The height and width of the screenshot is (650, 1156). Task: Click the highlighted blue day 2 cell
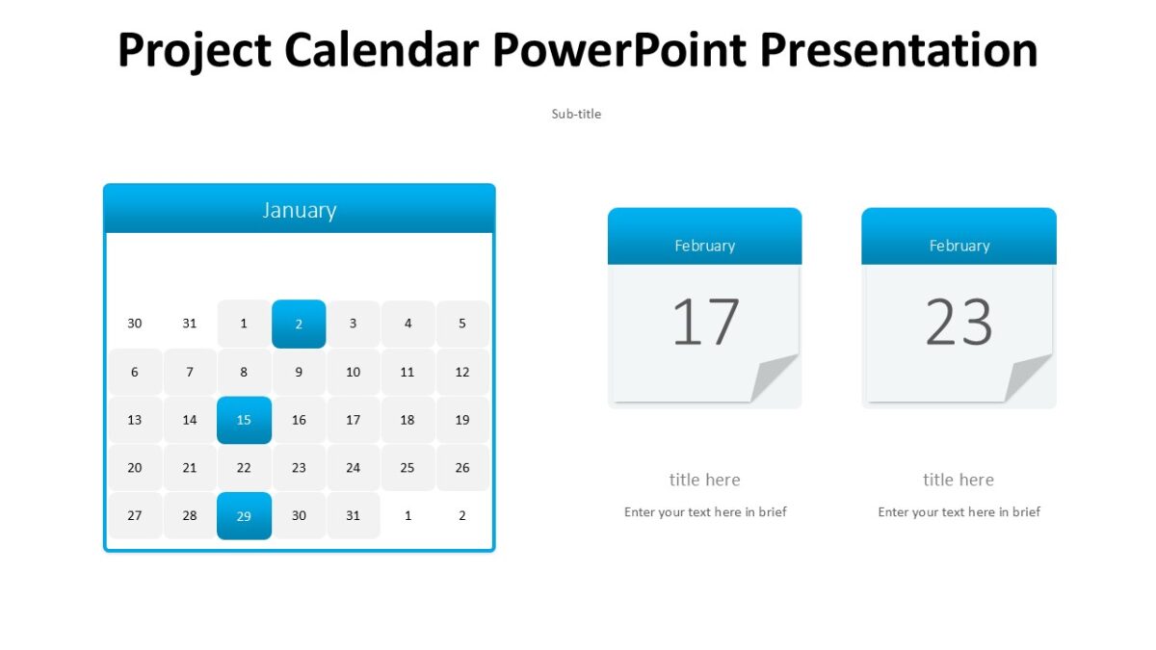point(299,324)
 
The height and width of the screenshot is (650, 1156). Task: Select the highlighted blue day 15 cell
point(244,420)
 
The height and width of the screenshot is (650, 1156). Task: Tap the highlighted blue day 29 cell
point(244,516)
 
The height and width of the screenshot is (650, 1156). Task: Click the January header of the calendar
point(299,210)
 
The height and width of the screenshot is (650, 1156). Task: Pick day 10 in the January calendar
point(353,372)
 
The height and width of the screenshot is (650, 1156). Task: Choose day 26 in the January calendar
point(462,468)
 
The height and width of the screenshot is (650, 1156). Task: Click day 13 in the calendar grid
point(134,420)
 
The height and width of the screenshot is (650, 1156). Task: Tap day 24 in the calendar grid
point(353,468)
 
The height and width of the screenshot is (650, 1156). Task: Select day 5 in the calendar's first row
point(462,324)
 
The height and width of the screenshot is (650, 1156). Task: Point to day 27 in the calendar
point(134,516)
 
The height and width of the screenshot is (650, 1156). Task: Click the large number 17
point(705,323)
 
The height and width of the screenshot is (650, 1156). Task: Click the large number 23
point(959,323)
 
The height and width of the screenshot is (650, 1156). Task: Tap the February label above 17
point(704,246)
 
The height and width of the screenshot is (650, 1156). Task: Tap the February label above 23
point(959,246)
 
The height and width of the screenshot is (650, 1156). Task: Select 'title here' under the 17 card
point(704,480)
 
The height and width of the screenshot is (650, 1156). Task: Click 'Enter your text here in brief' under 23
point(959,512)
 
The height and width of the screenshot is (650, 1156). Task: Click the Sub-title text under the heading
point(576,114)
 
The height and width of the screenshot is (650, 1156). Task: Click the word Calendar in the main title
point(383,50)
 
